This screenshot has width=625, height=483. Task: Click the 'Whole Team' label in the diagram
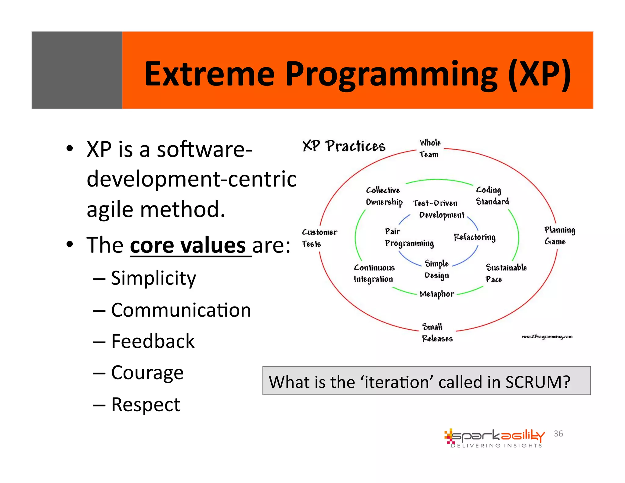[430, 148]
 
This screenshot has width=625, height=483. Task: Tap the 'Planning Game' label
[559, 235]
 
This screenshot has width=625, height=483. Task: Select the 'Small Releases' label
[437, 332]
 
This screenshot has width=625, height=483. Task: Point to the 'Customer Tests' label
[319, 238]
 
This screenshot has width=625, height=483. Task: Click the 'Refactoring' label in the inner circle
[474, 237]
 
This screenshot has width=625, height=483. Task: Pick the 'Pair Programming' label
[408, 237]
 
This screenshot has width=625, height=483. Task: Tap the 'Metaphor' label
[437, 294]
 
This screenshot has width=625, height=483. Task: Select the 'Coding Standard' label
[492, 196]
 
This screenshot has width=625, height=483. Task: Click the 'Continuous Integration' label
[374, 273]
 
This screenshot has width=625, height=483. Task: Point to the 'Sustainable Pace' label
[506, 273]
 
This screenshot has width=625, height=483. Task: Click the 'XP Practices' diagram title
[344, 146]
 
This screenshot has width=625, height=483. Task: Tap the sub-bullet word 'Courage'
[147, 372]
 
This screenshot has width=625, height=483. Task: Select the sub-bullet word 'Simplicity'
[153, 278]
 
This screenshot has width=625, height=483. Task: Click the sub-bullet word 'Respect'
[146, 405]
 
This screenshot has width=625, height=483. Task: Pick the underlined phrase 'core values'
[188, 245]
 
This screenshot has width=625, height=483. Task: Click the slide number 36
[558, 434]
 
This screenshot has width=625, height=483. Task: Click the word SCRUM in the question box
[537, 382]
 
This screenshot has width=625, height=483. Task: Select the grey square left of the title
[77, 70]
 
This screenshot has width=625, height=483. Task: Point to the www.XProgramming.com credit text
[547, 337]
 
